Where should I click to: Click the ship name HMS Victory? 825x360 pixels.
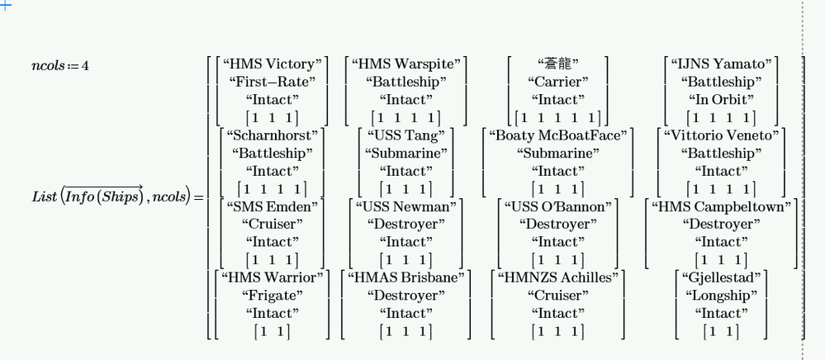[272, 64]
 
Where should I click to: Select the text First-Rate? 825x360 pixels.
[272, 83]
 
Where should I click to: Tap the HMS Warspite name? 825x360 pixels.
[405, 64]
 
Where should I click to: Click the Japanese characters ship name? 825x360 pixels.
[558, 64]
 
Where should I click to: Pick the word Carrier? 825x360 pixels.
[558, 83]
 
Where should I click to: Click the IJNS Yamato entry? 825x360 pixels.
[722, 64]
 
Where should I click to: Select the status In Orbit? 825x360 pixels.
[722, 100]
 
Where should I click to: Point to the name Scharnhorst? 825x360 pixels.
[272, 135]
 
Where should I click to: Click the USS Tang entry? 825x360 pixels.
[405, 135]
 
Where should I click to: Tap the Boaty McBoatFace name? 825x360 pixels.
[558, 135]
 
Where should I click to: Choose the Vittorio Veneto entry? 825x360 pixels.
[722, 135]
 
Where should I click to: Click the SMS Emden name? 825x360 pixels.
[272, 206]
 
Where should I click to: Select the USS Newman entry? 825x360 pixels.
[405, 206]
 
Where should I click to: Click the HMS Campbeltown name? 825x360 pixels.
[722, 206]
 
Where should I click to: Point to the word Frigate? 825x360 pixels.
[272, 296]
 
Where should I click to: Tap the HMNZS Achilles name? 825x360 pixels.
[558, 277]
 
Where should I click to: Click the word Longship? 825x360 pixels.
[722, 296]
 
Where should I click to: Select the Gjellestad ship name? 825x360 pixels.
[722, 277]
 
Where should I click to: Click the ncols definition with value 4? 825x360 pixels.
[60, 65]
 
